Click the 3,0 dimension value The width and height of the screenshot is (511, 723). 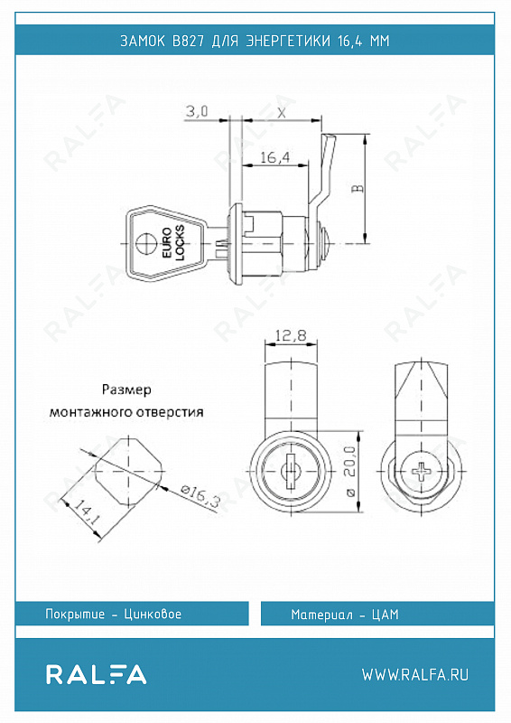pos(197,111)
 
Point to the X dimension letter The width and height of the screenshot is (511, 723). pos(282,112)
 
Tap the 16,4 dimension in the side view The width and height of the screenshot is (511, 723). pos(275,157)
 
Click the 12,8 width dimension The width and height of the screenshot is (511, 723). pos(291,335)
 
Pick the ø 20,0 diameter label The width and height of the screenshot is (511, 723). pos(349,471)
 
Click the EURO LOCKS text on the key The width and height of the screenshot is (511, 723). pos(173,243)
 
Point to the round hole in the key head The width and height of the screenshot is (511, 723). pos(147,243)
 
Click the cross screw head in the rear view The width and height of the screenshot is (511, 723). pos(421,472)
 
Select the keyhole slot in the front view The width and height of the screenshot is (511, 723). pos(291,471)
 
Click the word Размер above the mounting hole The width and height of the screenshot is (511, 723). pos(126,390)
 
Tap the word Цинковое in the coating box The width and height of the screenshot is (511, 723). pos(153,615)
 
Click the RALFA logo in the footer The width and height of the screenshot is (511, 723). pos(96,674)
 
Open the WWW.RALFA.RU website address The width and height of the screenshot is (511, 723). pos(415,674)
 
